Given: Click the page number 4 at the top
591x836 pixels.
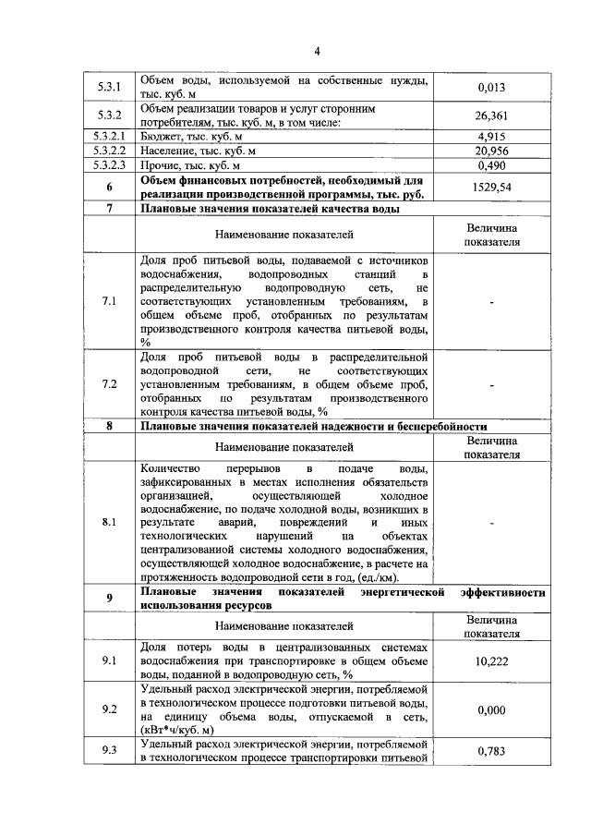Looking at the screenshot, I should pyautogui.click(x=317, y=51).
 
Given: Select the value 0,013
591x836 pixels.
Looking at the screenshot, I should pyautogui.click(x=491, y=88).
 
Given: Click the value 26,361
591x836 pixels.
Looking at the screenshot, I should pyautogui.click(x=491, y=116).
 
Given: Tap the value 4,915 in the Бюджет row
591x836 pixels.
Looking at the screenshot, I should pyautogui.click(x=491, y=136).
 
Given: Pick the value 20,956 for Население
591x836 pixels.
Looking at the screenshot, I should pyautogui.click(x=491, y=151).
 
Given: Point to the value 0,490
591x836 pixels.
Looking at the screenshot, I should pyautogui.click(x=491, y=165).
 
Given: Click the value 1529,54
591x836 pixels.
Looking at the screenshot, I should pyautogui.click(x=491, y=187).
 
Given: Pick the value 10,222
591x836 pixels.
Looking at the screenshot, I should pyautogui.click(x=491, y=661).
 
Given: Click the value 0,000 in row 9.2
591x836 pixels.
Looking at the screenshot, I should pyautogui.click(x=491, y=709).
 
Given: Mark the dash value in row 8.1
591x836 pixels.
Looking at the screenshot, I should pyautogui.click(x=491, y=523).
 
